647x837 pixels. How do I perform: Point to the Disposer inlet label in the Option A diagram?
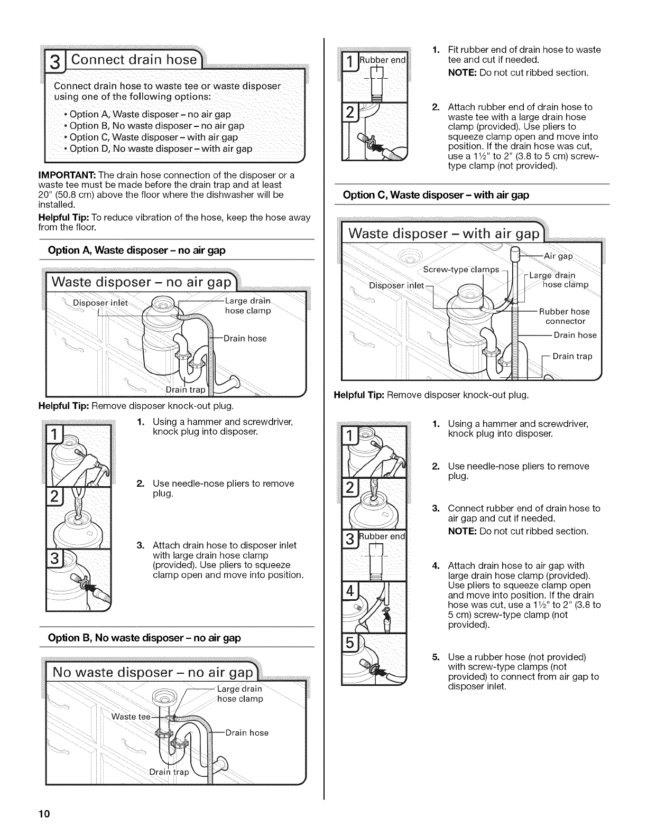pos(100,303)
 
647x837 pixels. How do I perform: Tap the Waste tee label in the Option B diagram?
pos(130,717)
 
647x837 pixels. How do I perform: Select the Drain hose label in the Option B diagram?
pos(247,733)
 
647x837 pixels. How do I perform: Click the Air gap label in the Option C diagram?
pos(558,256)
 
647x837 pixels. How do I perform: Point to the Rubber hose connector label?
pos(565,317)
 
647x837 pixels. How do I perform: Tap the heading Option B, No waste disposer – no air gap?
pos(144,638)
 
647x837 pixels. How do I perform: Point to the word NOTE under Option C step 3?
pos(462,531)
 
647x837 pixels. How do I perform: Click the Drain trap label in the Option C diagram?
pos(572,357)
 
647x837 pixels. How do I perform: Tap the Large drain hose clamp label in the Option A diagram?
pos(248,306)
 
